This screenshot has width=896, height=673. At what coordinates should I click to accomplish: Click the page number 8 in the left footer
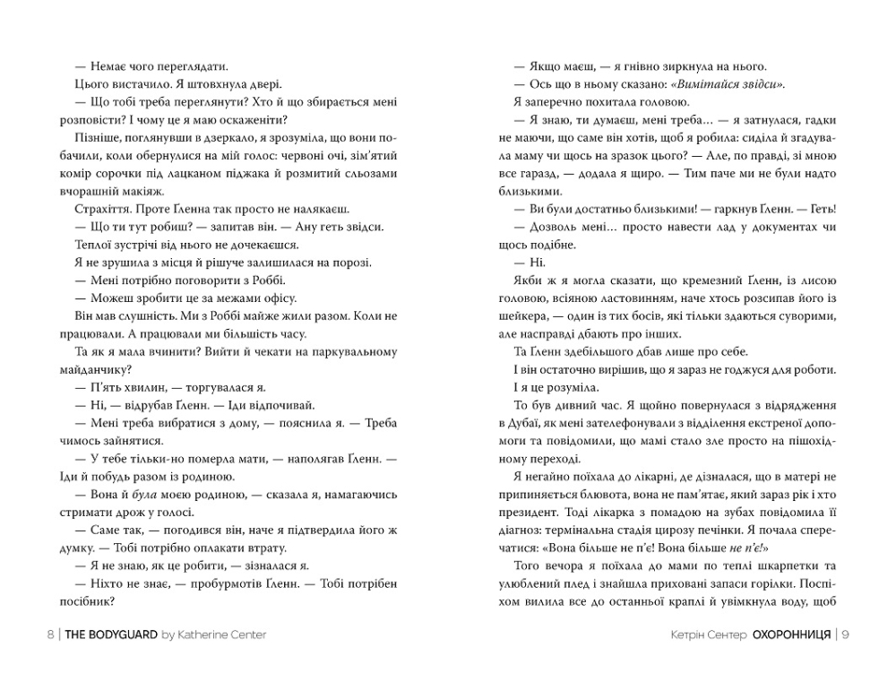coord(49,634)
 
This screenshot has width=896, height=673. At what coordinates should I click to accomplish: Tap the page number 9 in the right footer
coord(845,634)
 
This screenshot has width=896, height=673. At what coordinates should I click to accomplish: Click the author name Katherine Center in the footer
coord(222,634)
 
